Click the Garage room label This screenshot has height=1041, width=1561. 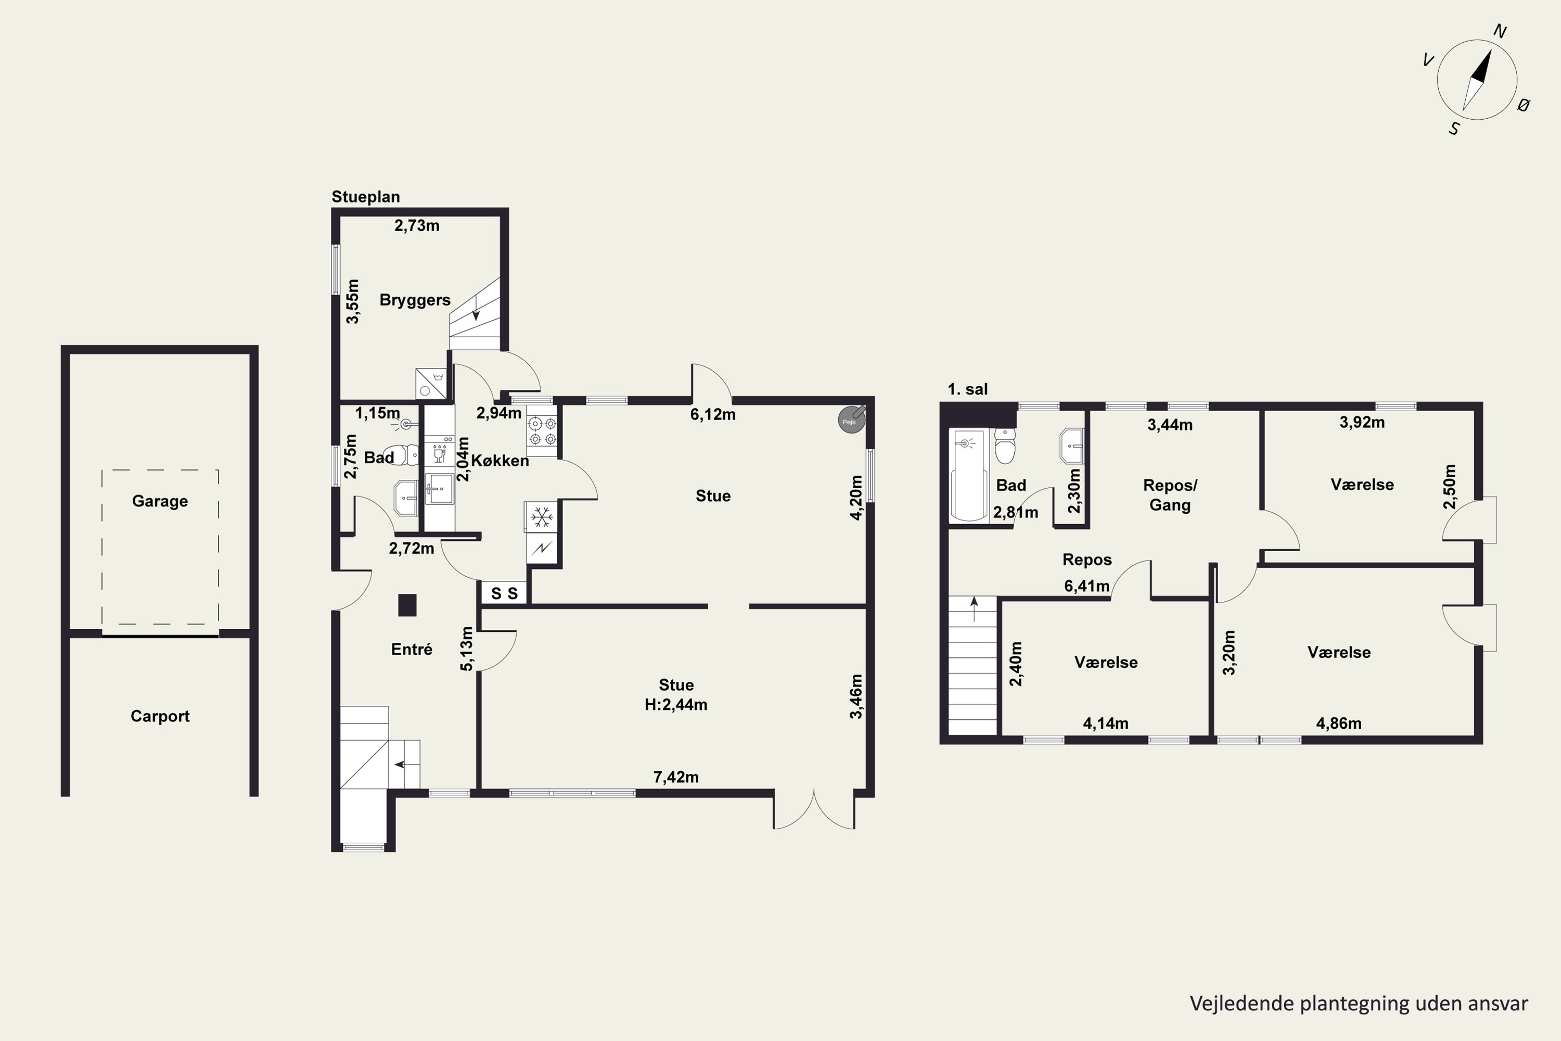coord(160,501)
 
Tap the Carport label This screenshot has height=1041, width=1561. coord(160,716)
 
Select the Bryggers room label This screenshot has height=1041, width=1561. coord(415,300)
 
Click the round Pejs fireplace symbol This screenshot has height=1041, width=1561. coord(851,420)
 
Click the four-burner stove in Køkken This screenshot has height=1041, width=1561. coord(542,431)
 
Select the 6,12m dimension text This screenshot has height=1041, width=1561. coord(713,415)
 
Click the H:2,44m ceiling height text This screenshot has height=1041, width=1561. coord(675,705)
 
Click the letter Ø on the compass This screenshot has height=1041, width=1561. coord(1524,105)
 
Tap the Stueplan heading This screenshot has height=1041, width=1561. coord(366,197)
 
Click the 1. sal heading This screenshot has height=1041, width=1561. coord(968,390)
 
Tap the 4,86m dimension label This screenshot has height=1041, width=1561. coord(1339,723)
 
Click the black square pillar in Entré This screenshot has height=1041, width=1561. coord(407,605)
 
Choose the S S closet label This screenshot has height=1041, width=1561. coord(504,593)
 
